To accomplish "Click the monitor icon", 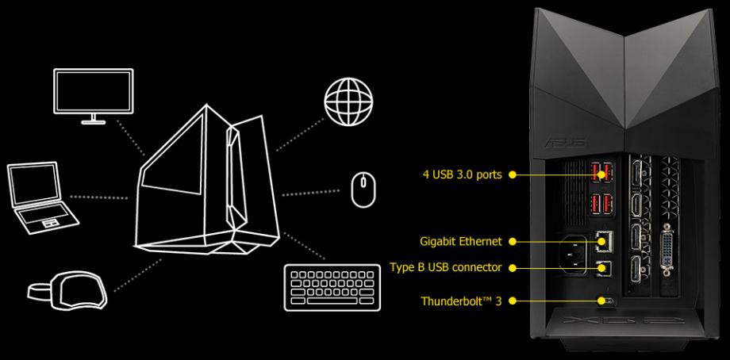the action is [93, 96].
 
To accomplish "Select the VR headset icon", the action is [67, 291].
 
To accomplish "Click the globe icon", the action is [348, 100].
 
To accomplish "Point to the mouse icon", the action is [363, 190].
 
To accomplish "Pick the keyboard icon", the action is [332, 287].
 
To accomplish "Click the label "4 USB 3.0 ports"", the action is [463, 175].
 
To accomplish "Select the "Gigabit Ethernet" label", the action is [461, 241].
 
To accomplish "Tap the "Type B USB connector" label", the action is [446, 267].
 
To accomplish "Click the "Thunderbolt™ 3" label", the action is [461, 301].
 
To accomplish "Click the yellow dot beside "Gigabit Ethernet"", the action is [512, 241].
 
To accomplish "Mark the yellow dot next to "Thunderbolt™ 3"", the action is [512, 301].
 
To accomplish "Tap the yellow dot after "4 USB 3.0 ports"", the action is [512, 175].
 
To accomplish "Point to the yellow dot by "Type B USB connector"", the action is [512, 267].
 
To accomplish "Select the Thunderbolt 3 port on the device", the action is [606, 301].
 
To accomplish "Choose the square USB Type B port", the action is [605, 267].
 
